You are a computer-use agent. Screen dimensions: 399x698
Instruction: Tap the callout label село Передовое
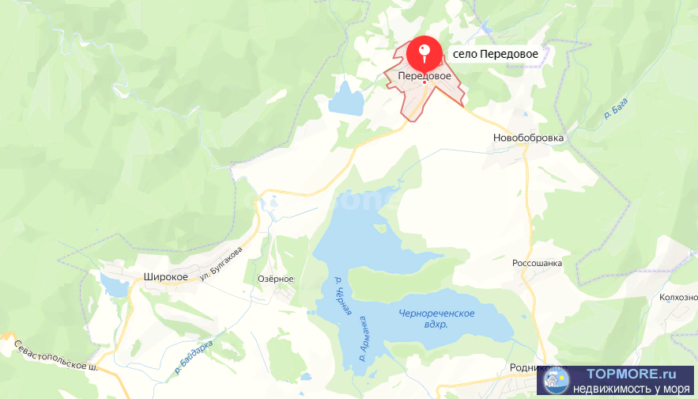(x=496, y=54)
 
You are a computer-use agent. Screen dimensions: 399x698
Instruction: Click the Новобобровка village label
(x=529, y=138)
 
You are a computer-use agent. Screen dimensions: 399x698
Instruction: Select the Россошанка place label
(x=537, y=263)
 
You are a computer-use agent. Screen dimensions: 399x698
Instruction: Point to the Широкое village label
(x=165, y=276)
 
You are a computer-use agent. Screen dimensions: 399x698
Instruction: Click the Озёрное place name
(x=276, y=279)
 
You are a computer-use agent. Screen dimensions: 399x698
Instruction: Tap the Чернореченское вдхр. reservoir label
(x=436, y=319)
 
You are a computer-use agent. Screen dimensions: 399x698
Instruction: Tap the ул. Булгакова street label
(x=221, y=263)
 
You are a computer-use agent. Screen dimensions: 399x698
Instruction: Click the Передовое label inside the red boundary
(x=424, y=76)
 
